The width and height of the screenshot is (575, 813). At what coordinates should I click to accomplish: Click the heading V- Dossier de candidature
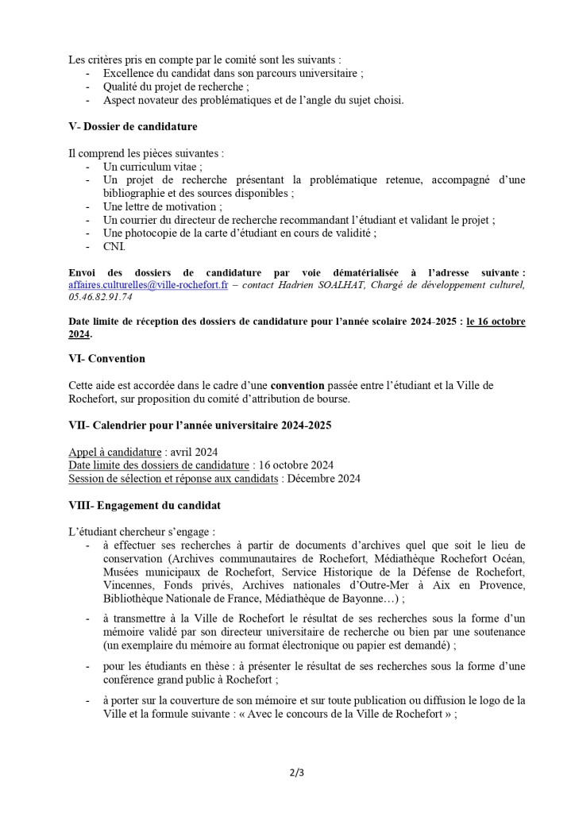point(133,126)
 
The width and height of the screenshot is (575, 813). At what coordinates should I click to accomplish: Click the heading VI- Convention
point(107,358)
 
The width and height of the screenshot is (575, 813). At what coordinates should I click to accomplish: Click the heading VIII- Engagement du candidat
point(145,505)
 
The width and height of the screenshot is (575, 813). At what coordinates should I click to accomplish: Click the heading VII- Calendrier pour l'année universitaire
point(199,426)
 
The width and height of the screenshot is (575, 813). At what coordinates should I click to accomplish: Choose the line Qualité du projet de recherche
point(176,87)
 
